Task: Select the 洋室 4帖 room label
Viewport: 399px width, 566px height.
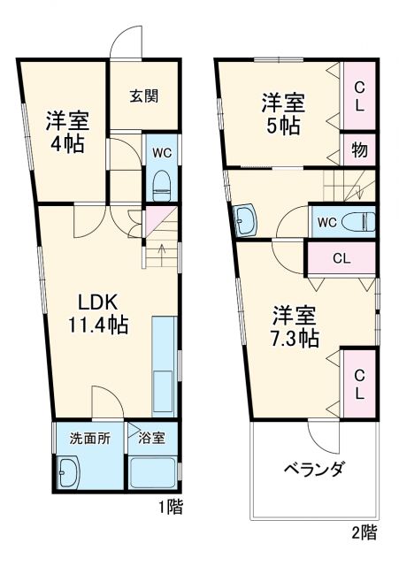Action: click(x=65, y=132)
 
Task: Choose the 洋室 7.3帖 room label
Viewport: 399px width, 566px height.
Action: click(x=294, y=326)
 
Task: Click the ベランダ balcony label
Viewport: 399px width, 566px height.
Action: click(x=314, y=469)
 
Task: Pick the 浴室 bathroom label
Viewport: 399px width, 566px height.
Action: click(x=151, y=437)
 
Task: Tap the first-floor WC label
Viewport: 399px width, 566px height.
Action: click(x=161, y=151)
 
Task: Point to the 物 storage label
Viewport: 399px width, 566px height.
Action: click(x=359, y=149)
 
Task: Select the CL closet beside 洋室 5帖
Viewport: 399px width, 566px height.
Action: click(x=359, y=95)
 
